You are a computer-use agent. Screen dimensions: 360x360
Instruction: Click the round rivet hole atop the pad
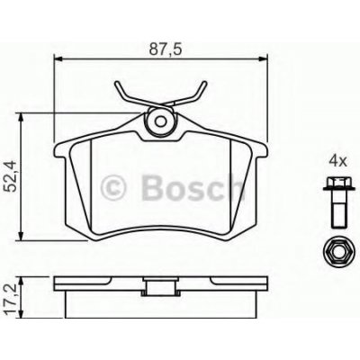tap(162, 117)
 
